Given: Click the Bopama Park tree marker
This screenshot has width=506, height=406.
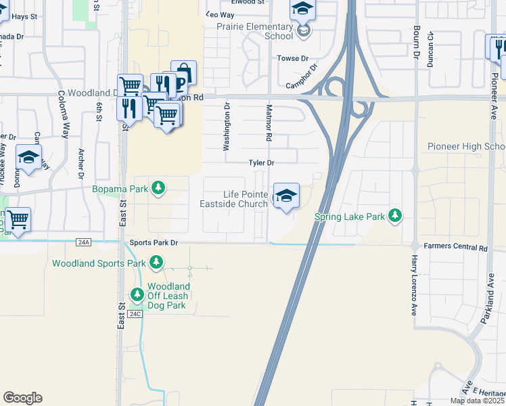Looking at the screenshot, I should pos(158,187).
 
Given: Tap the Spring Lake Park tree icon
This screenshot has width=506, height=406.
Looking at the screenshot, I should pos(395,217).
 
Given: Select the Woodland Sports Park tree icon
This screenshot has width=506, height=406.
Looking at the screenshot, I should pos(156,262).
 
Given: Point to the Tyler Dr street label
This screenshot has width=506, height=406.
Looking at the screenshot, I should pos(261,163).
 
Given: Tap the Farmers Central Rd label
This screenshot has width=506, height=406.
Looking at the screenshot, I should pos(456,248).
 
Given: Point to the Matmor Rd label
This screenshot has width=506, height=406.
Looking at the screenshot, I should pos(269,122).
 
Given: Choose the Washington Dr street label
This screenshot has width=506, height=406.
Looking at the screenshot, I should pos(227,127).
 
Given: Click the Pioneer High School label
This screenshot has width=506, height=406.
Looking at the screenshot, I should pos(466,147).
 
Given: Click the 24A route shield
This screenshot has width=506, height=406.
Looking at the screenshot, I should pos(84,242).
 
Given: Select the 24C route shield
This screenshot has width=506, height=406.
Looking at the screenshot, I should pos(135,314).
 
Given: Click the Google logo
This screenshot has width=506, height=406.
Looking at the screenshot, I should pos(22,398).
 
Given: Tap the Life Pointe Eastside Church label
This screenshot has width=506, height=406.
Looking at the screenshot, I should pos(233,199).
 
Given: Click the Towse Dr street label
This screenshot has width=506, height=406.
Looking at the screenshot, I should pos(292,59).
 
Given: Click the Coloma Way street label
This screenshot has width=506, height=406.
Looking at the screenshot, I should pos(63,114).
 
